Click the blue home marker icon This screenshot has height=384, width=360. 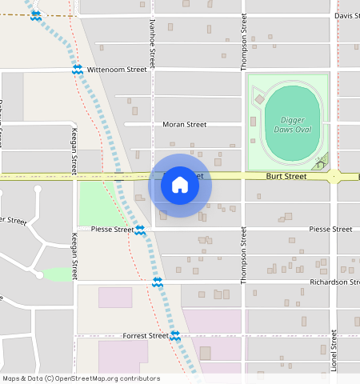point(180,186)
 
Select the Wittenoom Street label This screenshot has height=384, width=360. point(117,70)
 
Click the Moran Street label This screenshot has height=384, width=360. point(184,124)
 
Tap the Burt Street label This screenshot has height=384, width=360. point(286,176)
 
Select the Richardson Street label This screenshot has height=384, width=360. point(330,282)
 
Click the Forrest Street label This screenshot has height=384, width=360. point(145,335)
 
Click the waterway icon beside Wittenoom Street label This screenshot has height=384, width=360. point(78,70)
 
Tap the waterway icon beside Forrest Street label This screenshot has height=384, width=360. point(174,335)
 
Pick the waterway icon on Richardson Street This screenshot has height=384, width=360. point(158,282)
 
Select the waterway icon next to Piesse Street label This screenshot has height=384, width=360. point(140,230)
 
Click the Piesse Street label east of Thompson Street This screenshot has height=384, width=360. point(330,229)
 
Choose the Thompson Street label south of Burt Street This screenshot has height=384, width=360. point(243,261)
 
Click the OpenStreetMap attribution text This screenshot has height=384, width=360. point(80,378)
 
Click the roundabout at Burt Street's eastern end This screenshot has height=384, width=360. point(334,176)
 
